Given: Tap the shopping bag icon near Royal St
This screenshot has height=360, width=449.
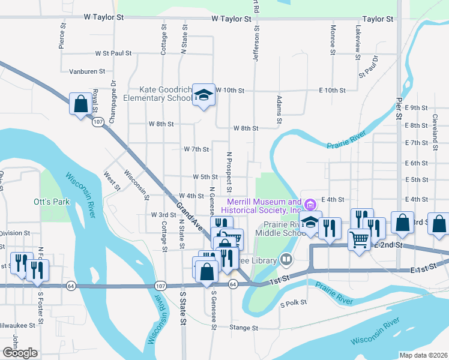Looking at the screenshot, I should (80, 104).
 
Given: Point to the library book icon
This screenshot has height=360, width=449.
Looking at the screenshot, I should (286, 260).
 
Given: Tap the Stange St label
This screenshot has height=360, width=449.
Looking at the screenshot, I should (246, 328).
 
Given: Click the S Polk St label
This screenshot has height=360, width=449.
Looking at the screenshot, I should (294, 304).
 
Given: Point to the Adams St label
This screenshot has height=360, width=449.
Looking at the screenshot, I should (279, 110).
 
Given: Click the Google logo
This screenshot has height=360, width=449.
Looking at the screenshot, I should (20, 353).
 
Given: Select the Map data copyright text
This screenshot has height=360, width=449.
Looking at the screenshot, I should (423, 355).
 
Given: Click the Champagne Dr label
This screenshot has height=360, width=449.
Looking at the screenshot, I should (113, 97).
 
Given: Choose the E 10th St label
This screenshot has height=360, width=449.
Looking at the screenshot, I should (331, 91).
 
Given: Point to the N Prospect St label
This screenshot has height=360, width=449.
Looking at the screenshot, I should (229, 172).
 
